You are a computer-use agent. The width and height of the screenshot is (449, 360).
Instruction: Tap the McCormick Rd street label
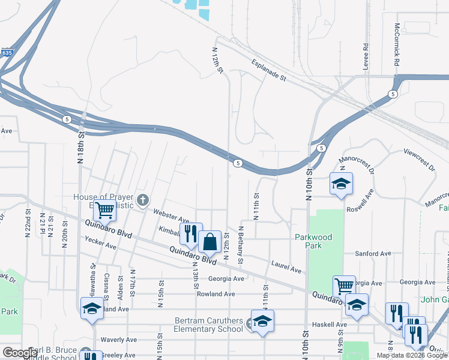(397, 46)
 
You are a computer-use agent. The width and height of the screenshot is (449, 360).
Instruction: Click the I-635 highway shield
(6, 53)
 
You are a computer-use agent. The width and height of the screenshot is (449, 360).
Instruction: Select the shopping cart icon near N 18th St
(105, 211)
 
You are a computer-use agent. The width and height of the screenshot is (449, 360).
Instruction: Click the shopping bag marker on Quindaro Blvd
(209, 243)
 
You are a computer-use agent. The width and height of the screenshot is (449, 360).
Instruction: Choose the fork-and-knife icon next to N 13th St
(191, 233)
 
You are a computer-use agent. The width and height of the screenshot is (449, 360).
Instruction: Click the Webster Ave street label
(171, 215)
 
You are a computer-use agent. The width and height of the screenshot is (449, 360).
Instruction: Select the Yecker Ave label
(100, 245)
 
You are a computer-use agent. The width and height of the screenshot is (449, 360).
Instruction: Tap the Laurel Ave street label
(286, 266)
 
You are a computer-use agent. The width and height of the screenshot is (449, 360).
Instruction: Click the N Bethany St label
(240, 245)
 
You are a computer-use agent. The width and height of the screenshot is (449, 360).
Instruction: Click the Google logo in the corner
(20, 353)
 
